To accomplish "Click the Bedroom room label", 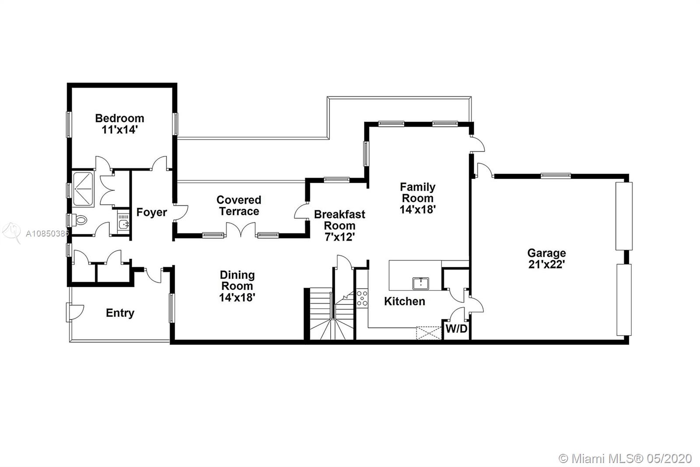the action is click(x=120, y=124).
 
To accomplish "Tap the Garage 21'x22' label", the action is click(x=546, y=258).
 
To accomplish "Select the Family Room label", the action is click(x=417, y=198).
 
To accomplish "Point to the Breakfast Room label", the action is click(x=339, y=225).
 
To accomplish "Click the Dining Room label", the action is click(x=237, y=286).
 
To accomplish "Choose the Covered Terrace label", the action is click(x=239, y=205).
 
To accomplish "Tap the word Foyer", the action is click(x=151, y=212).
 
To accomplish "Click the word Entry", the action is click(x=120, y=313).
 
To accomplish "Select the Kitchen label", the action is click(x=404, y=301).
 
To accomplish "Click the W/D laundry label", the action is click(x=456, y=329).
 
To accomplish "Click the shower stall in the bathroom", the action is click(x=83, y=189).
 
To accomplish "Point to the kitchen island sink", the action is click(x=420, y=283).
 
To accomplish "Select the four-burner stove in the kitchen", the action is click(x=362, y=298).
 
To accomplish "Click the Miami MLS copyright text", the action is click(x=625, y=459).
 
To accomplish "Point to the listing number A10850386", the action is click(x=47, y=233).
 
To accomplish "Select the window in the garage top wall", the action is click(x=556, y=176).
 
